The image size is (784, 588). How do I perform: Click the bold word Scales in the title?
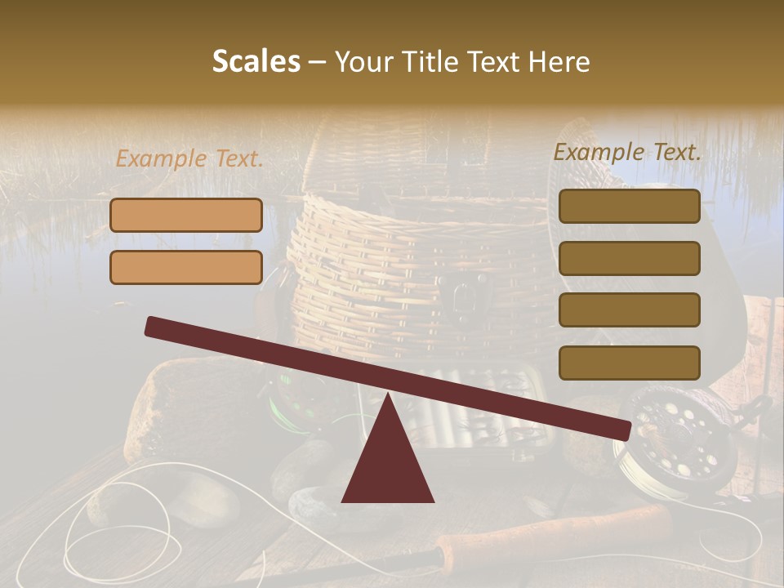point(256,62)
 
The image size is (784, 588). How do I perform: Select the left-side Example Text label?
point(189,159)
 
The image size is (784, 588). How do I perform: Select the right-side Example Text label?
point(627,152)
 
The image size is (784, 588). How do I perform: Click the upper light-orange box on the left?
point(186,215)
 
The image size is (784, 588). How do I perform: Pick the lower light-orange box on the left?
point(186,267)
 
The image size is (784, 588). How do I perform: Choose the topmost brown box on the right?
point(629,206)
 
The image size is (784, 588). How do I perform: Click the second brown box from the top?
point(629,258)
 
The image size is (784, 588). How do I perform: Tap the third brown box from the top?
point(629,310)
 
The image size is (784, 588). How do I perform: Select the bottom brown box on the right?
point(629,363)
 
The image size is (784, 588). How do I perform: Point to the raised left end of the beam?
point(155,326)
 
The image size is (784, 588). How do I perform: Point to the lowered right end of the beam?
point(621,429)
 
